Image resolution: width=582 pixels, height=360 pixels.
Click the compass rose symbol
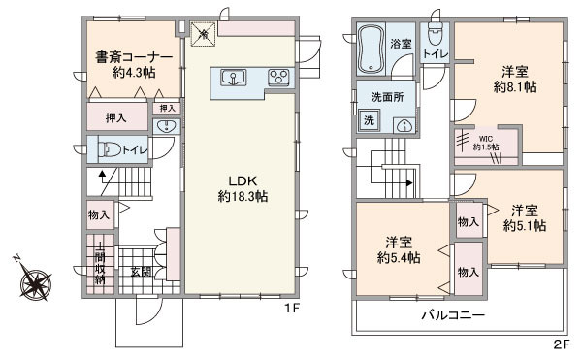pyautogui.click(x=36, y=285)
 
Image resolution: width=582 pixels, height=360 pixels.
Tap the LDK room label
pyautogui.click(x=242, y=180)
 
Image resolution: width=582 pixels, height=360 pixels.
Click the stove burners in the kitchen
pyautogui.click(x=277, y=77)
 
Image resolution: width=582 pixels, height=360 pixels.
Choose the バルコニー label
pyautogui.click(x=452, y=314)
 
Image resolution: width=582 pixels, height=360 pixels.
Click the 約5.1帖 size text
pyautogui.click(x=525, y=225)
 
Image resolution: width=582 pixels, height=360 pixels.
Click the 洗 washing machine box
pyautogui.click(x=369, y=120)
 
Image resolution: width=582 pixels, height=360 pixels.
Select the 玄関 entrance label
pyautogui.click(x=141, y=271)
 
